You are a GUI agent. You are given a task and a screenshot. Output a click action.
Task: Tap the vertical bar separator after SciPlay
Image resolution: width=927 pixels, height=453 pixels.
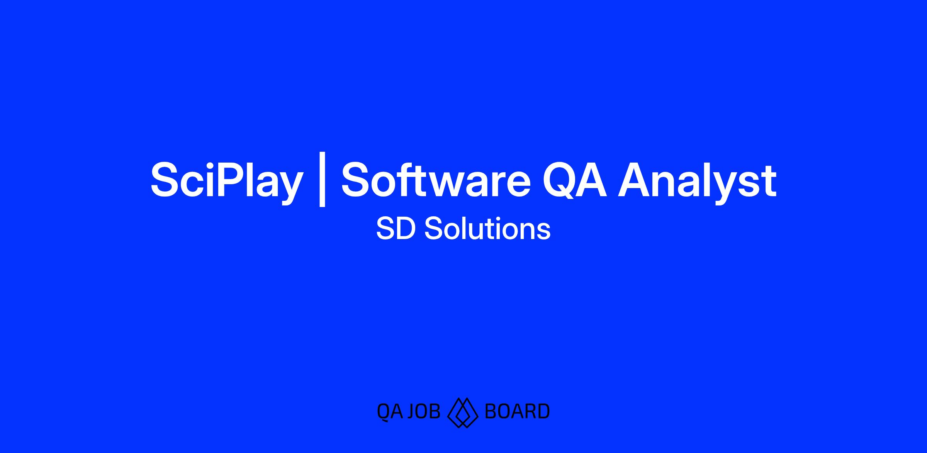tap(323, 180)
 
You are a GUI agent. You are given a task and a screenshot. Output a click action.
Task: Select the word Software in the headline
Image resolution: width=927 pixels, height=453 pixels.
tap(436, 179)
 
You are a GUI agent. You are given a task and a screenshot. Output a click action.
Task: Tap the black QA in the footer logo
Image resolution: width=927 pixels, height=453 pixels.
tap(390, 411)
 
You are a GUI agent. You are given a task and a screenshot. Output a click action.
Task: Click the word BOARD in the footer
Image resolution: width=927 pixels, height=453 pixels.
tap(517, 411)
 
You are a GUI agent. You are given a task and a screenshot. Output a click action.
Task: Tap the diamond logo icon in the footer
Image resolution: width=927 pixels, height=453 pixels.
tap(463, 412)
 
